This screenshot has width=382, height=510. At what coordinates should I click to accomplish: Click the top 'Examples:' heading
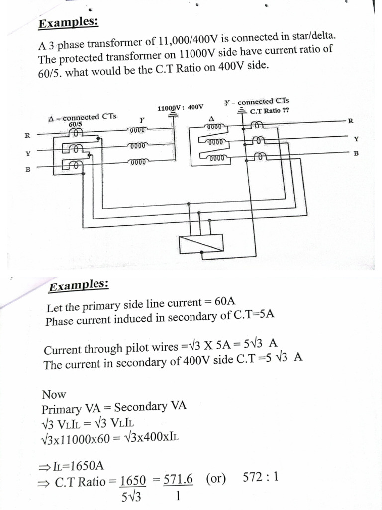click(x=69, y=23)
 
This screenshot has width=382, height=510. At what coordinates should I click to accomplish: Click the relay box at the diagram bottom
click(x=200, y=244)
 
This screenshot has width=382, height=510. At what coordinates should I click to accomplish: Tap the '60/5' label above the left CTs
click(x=75, y=124)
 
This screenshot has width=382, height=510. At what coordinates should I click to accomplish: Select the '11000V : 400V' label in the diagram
click(x=180, y=107)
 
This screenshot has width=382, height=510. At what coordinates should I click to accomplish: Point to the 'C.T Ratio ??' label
click(x=270, y=111)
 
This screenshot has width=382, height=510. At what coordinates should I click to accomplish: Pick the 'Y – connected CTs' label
click(x=257, y=102)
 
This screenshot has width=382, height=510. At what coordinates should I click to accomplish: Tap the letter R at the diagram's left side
click(x=28, y=135)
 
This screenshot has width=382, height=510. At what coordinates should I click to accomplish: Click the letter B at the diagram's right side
click(x=356, y=153)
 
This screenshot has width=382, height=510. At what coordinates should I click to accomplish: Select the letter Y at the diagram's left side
click(x=28, y=153)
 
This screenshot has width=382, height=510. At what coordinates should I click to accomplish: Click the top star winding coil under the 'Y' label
click(x=138, y=131)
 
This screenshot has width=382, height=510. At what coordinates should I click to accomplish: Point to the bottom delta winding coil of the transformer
click(x=215, y=159)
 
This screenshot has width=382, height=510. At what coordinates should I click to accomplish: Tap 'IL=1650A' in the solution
click(x=78, y=466)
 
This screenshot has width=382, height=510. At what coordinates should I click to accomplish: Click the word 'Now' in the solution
click(x=54, y=395)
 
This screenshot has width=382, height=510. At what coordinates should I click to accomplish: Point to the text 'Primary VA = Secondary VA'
click(x=114, y=408)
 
